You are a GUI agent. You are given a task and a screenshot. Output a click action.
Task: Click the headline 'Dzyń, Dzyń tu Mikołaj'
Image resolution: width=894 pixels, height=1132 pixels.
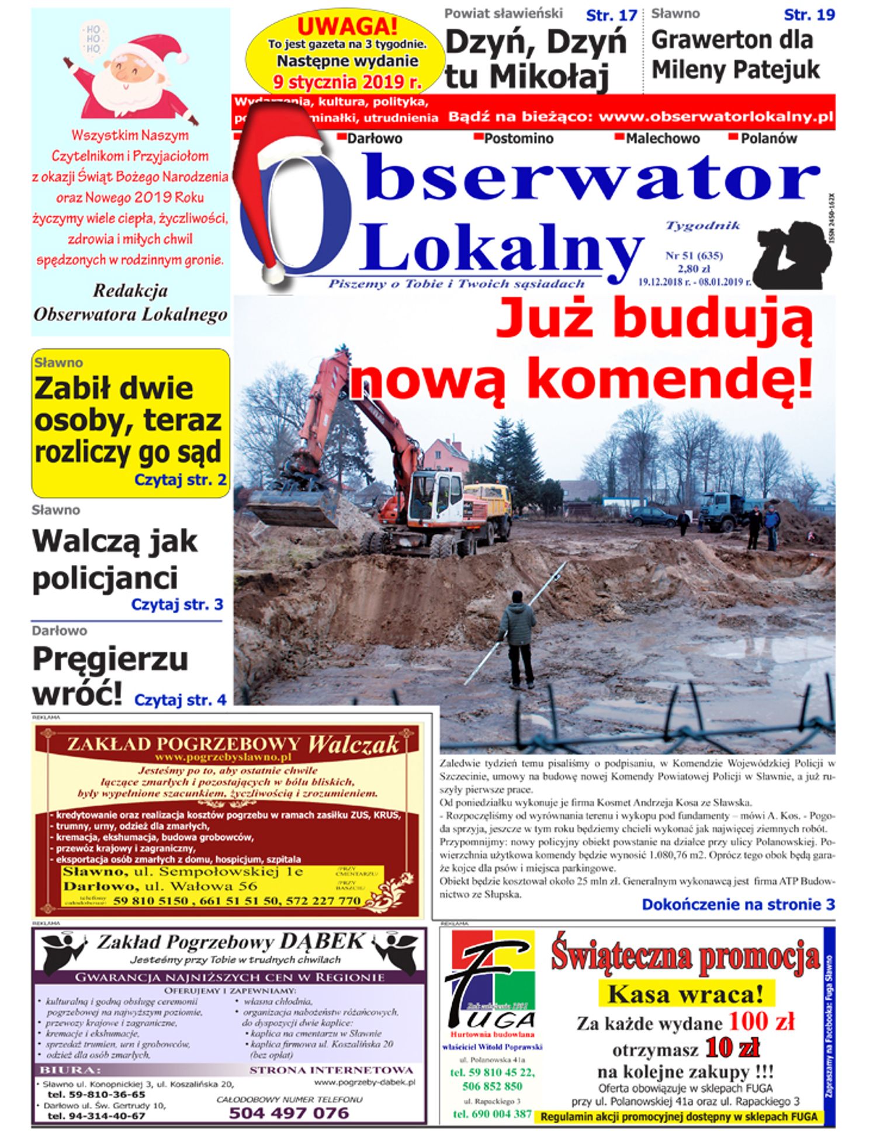535,58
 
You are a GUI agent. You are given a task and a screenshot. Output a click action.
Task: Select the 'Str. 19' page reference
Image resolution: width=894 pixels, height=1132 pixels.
809,15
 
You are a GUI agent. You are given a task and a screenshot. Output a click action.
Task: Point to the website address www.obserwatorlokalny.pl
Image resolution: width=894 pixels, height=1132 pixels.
715,116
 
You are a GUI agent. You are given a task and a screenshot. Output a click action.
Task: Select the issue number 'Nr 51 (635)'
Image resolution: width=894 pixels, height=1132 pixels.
694,255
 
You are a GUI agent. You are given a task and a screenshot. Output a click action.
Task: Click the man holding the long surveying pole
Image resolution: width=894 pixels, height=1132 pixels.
519,637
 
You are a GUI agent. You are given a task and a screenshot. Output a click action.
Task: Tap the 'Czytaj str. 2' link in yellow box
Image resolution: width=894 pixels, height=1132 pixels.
180,480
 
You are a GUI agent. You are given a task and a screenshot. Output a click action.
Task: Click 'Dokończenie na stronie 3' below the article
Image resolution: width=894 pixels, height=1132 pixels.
738,904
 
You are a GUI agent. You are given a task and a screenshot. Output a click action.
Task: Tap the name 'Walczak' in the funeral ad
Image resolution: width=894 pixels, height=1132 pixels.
353,744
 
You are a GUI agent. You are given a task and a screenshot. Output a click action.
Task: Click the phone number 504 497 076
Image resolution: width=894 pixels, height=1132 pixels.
289,1113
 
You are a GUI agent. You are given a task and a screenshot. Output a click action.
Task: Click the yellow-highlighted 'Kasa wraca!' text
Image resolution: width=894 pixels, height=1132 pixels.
685,994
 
